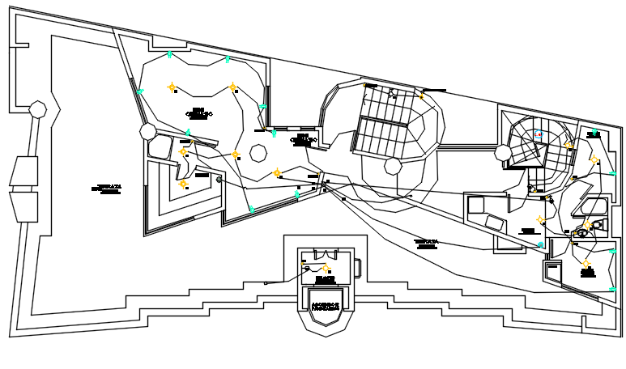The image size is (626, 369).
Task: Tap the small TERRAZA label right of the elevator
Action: (426, 244)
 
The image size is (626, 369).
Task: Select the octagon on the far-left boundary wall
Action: (37, 109)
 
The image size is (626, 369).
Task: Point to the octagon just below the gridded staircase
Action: (393, 167)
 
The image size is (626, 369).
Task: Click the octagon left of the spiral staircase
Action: (504, 154)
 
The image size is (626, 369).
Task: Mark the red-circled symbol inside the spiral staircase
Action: (538, 134)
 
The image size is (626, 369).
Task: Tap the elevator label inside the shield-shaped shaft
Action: (326, 307)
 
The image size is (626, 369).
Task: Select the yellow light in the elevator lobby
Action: (326, 267)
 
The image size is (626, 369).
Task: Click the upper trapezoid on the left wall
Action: (24, 172)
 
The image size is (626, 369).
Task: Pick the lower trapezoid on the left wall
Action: (24, 206)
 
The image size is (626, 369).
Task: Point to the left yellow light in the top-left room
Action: (172, 87)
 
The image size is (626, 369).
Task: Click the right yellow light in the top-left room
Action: (232, 87)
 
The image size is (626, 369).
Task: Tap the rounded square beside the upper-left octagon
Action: (159, 147)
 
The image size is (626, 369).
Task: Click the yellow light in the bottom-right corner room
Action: (586, 264)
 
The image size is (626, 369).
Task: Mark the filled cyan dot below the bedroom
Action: (541, 244)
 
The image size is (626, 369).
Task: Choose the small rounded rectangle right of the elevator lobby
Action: (357, 268)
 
